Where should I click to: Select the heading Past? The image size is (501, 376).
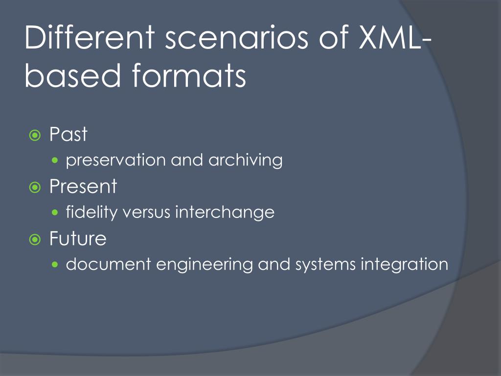pyautogui.click(x=68, y=135)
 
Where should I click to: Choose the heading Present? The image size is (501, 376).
pyautogui.click(x=83, y=187)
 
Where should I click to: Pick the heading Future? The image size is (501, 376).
pyautogui.click(x=78, y=239)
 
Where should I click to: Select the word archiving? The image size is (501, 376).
pyautogui.click(x=246, y=161)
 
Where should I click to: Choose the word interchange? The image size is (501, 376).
pyautogui.click(x=225, y=212)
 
